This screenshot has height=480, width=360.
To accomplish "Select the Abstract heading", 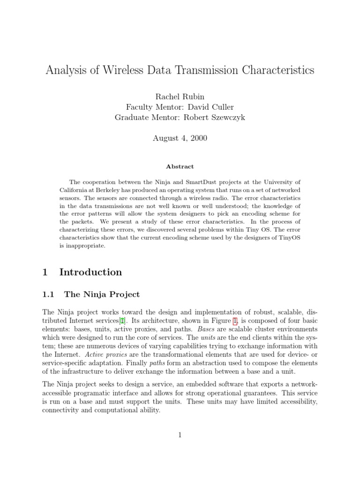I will coord(180,166).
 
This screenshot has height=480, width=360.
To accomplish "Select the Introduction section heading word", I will coord(90,272).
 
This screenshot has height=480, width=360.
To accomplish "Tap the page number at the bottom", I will coord(180,435).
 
